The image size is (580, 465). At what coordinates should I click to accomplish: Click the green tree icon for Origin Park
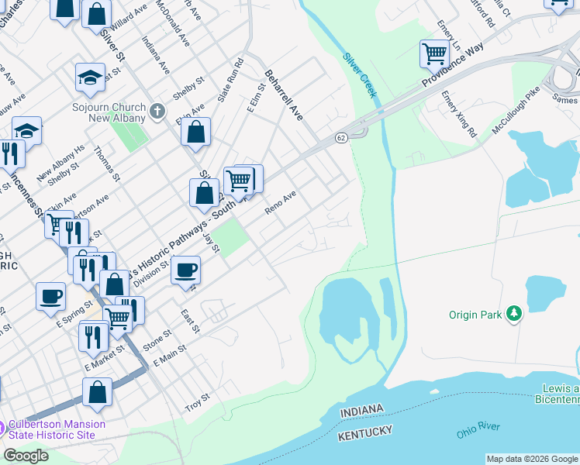pyautogui.click(x=513, y=314)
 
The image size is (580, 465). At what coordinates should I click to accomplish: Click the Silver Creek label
pyautogui.click(x=361, y=75)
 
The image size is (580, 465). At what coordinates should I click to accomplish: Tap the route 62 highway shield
pyautogui.click(x=341, y=137)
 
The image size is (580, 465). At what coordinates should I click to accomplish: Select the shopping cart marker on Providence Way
pyautogui.click(x=434, y=54)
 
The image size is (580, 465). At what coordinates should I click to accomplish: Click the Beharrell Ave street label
pyautogui.click(x=283, y=96)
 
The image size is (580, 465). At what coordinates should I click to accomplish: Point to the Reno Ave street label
pyautogui.click(x=280, y=205)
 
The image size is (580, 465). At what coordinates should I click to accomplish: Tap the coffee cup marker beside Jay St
pyautogui.click(x=185, y=270)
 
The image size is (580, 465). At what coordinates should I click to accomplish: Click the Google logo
pyautogui.click(x=26, y=455)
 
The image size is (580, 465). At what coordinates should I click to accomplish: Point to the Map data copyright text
pyautogui.click(x=531, y=459)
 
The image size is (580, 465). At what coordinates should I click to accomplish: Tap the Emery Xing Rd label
pyautogui.click(x=459, y=115)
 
